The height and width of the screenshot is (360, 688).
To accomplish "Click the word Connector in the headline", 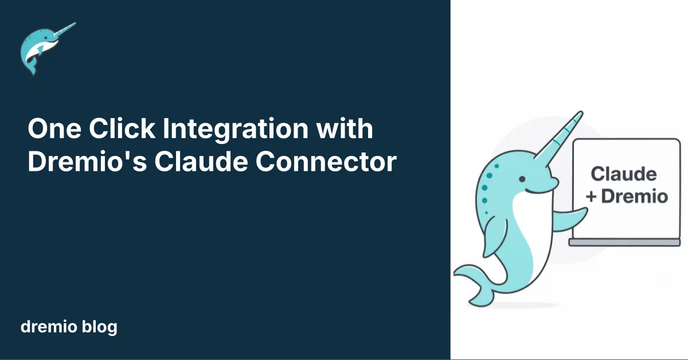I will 326,162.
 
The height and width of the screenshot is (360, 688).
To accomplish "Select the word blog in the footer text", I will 100,327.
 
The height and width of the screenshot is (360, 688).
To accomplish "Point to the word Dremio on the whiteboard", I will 635,197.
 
